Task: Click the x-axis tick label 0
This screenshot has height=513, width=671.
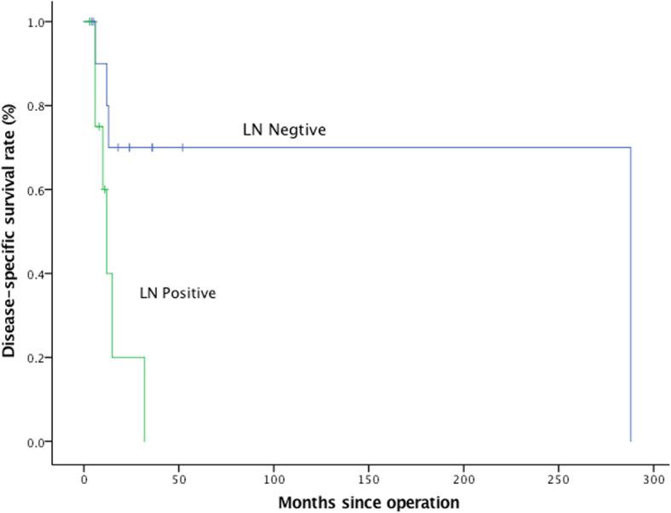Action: pyautogui.click(x=84, y=478)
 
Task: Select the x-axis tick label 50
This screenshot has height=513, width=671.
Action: pyautogui.click(x=178, y=478)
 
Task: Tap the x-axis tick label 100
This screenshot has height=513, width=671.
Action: pyautogui.click(x=274, y=478)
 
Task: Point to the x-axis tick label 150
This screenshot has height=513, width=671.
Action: pyautogui.click(x=368, y=478)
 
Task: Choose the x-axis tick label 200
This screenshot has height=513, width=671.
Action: pyautogui.click(x=464, y=478)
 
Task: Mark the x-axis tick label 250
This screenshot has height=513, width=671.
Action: pyautogui.click(x=558, y=478)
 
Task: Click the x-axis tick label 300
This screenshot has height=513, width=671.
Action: pyautogui.click(x=653, y=478)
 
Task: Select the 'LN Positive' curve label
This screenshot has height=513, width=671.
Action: pyautogui.click(x=177, y=293)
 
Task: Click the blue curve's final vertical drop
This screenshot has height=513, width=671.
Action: pyautogui.click(x=630, y=294)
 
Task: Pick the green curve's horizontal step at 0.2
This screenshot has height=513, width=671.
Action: pyautogui.click(x=128, y=357)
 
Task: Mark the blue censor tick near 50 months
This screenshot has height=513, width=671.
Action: pyautogui.click(x=182, y=147)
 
